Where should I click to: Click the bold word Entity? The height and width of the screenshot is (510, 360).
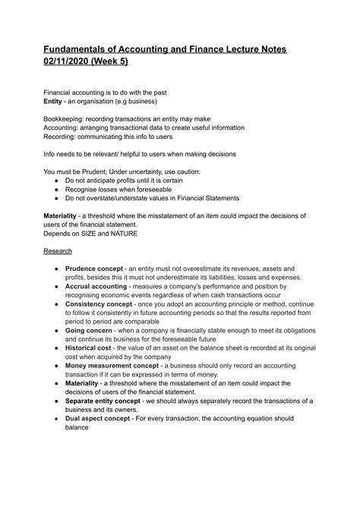pos(57,101)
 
